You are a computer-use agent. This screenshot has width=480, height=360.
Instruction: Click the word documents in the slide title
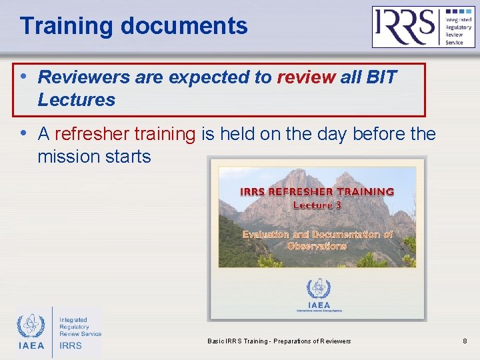(x=184, y=27)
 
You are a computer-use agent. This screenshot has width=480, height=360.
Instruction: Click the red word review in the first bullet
(x=306, y=77)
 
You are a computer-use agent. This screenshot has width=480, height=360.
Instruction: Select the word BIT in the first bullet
(x=381, y=77)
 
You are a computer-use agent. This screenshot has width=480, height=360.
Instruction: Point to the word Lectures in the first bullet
(x=76, y=100)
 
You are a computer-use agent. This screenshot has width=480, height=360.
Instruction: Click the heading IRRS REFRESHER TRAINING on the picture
(x=317, y=191)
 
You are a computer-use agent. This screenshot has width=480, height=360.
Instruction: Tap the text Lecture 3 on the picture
(x=317, y=205)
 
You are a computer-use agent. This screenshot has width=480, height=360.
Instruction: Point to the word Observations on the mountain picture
(x=317, y=246)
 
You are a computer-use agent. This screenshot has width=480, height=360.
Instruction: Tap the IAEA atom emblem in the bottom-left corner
(x=31, y=327)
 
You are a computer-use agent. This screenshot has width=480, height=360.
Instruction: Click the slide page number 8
(x=465, y=341)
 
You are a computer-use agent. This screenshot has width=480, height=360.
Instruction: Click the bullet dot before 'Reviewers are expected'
(x=25, y=76)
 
